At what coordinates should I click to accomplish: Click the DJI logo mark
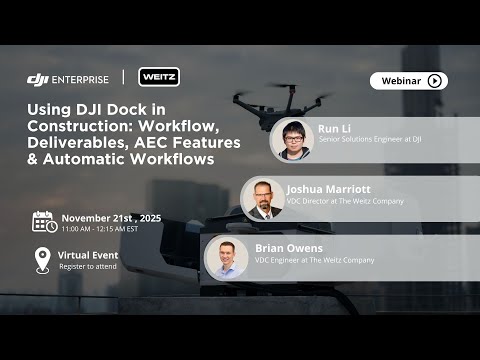point(38,79)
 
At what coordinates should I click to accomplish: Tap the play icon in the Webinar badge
point(434,81)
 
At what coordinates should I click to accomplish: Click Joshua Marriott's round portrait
point(263,199)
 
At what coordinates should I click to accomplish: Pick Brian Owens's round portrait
point(227,257)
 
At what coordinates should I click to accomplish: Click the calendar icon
point(43,221)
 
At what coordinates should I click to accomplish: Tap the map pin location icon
point(42,260)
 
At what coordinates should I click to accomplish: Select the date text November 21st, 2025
point(111,217)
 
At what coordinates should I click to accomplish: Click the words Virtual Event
point(89,255)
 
